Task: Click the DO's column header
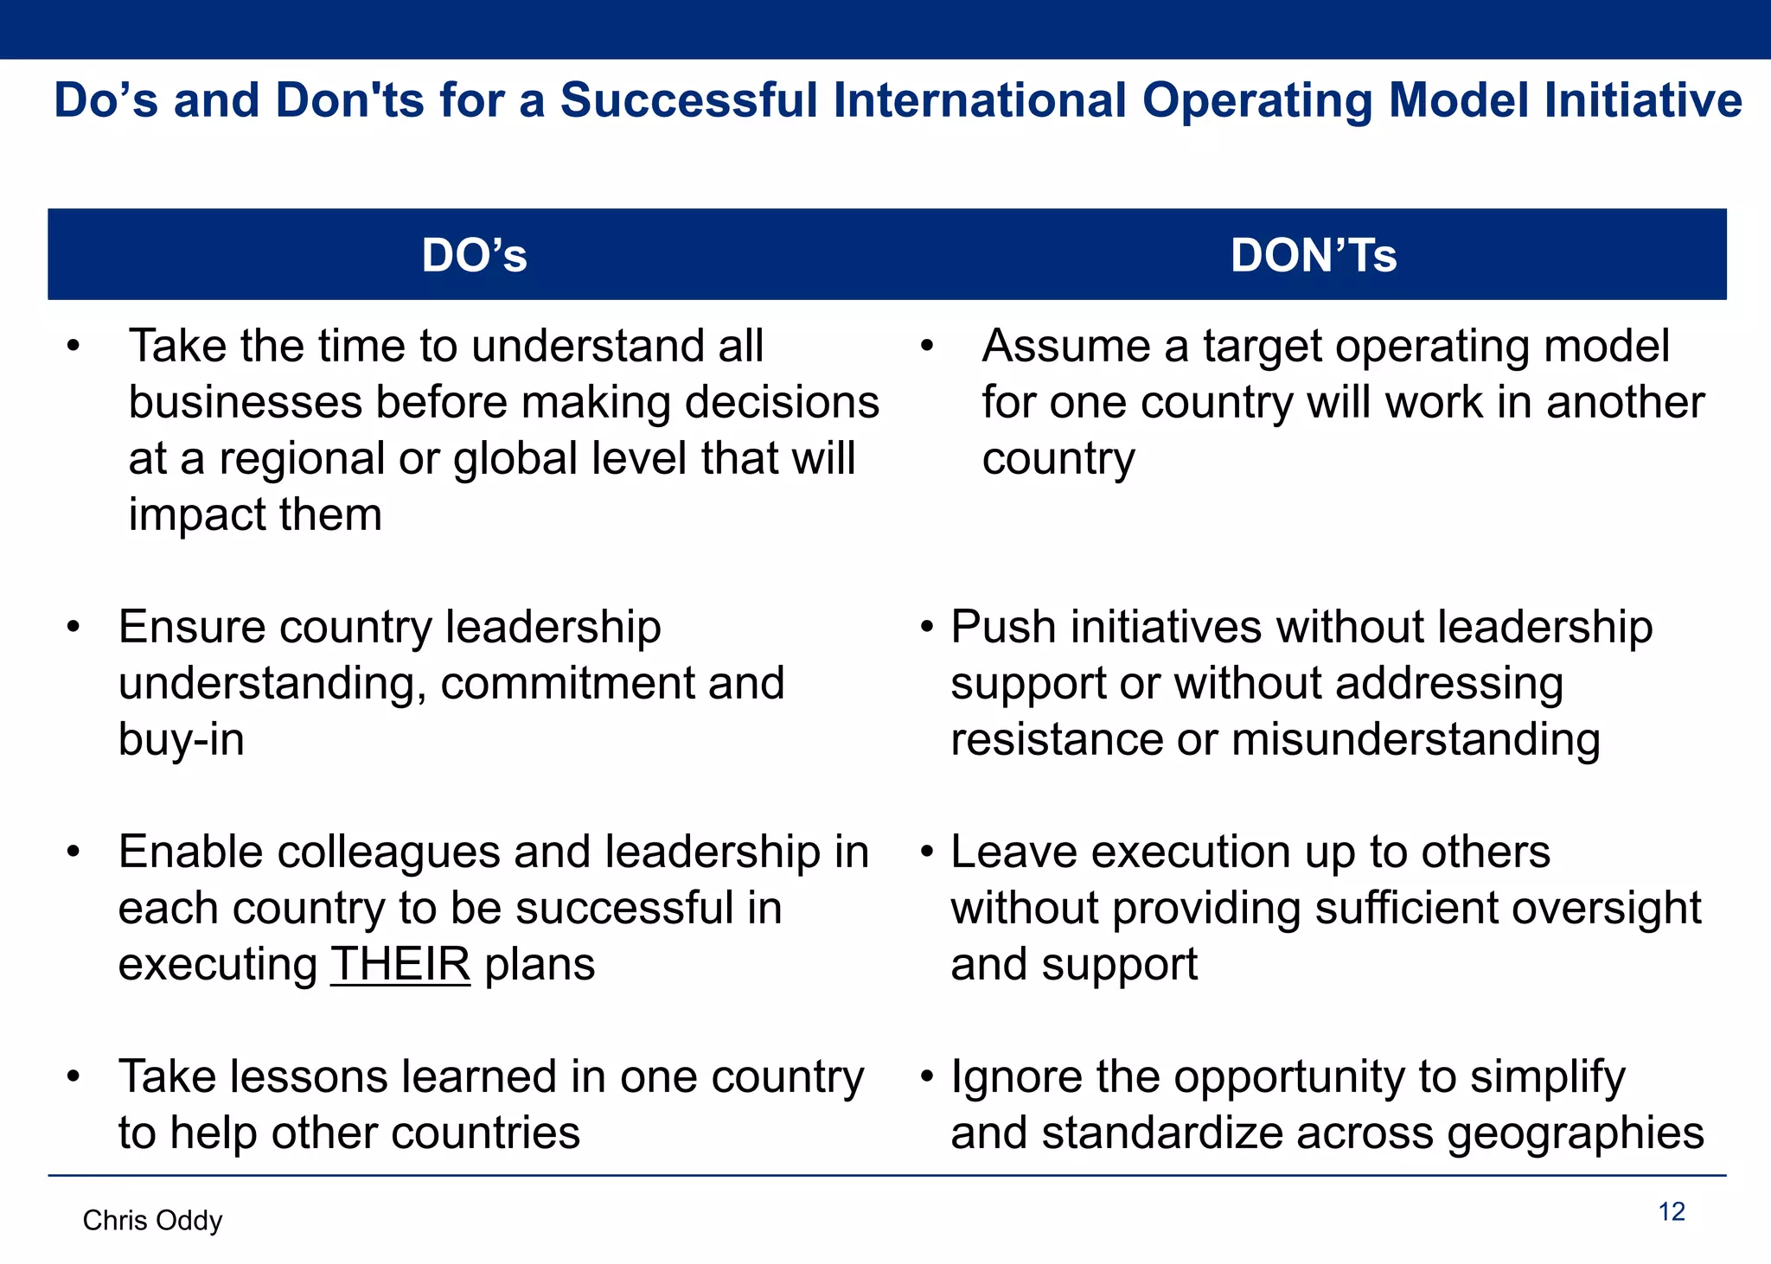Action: pyautogui.click(x=474, y=255)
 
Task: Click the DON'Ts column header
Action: pyautogui.click(x=1313, y=255)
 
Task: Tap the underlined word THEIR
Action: pyautogui.click(x=400, y=964)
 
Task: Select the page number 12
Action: pyautogui.click(x=1672, y=1212)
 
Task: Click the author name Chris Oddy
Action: pyautogui.click(x=152, y=1220)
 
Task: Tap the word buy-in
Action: pyautogui.click(x=182, y=740)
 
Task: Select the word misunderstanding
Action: pyautogui.click(x=1415, y=740)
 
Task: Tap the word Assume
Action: pyautogui.click(x=1066, y=347)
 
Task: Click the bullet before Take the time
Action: pyautogui.click(x=74, y=347)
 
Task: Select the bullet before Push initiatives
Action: pyautogui.click(x=927, y=627)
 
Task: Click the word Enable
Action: pyautogui.click(x=191, y=852)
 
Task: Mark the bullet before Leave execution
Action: pyautogui.click(x=927, y=852)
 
